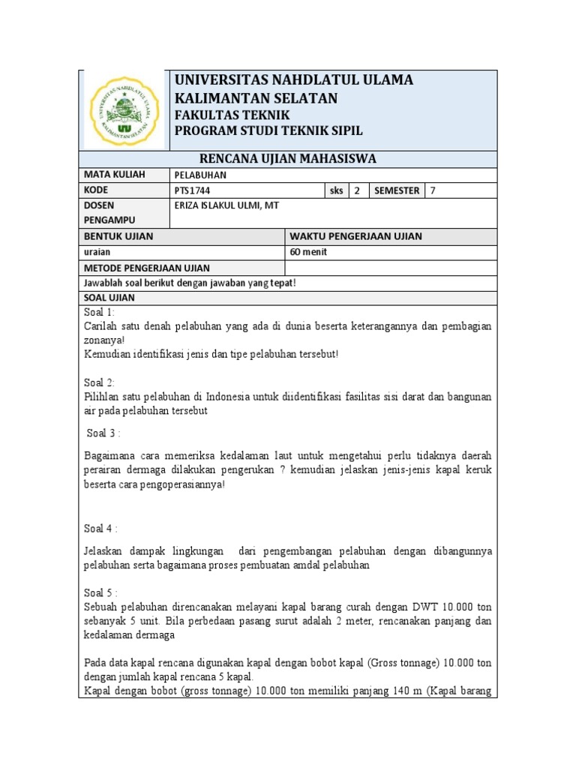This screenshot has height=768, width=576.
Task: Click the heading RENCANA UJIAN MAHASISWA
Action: tap(287, 158)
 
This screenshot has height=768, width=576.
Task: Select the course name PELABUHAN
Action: tap(199, 175)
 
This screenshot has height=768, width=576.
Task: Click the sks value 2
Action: tap(357, 190)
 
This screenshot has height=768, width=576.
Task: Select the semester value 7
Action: tap(433, 190)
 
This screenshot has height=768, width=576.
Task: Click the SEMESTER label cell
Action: tap(396, 190)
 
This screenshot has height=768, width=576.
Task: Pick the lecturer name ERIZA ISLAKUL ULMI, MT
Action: tap(226, 205)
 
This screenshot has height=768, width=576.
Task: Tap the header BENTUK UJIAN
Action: tap(118, 236)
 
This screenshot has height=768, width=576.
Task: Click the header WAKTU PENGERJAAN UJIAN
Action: tap(355, 236)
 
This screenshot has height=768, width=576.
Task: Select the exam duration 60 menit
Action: tap(308, 252)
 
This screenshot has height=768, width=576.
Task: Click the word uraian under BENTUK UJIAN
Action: tap(98, 252)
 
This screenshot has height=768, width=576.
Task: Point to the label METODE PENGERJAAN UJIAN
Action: tap(147, 268)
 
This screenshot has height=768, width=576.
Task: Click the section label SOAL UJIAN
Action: tap(109, 298)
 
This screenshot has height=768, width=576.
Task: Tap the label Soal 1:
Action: tap(100, 312)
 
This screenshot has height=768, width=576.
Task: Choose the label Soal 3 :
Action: tap(103, 433)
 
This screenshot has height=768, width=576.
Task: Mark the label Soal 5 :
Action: tap(102, 592)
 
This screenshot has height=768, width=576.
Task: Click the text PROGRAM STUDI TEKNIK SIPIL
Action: tap(268, 131)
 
